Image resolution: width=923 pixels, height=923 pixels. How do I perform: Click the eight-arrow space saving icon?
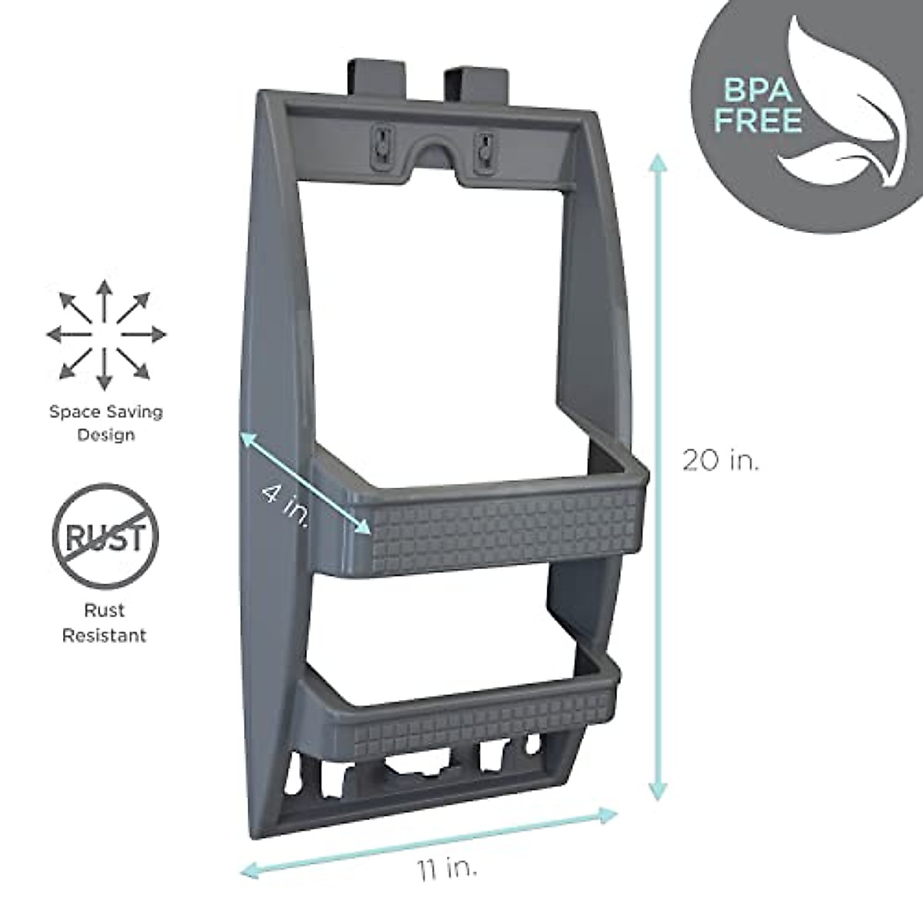[x=105, y=334]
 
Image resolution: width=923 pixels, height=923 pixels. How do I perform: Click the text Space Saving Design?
[x=106, y=423]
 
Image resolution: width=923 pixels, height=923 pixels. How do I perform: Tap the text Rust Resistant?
[x=105, y=623]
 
